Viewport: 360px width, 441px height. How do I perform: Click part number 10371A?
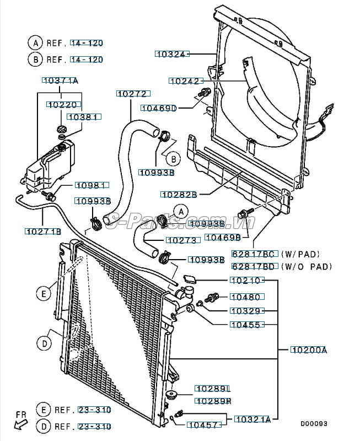[x=60, y=81]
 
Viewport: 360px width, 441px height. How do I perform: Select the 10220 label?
[x=61, y=104]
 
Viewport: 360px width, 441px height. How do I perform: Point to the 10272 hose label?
[x=131, y=94]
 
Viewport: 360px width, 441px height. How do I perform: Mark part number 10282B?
[x=179, y=194]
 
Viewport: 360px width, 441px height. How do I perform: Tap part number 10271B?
[x=42, y=232]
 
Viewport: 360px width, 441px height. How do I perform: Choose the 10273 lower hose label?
[x=180, y=240]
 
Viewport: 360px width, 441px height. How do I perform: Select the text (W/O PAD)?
[x=307, y=267]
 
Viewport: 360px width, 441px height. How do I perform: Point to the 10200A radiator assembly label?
[x=309, y=349]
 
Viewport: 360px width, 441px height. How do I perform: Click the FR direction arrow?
[x=21, y=421]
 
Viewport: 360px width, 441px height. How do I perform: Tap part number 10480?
[x=245, y=297]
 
